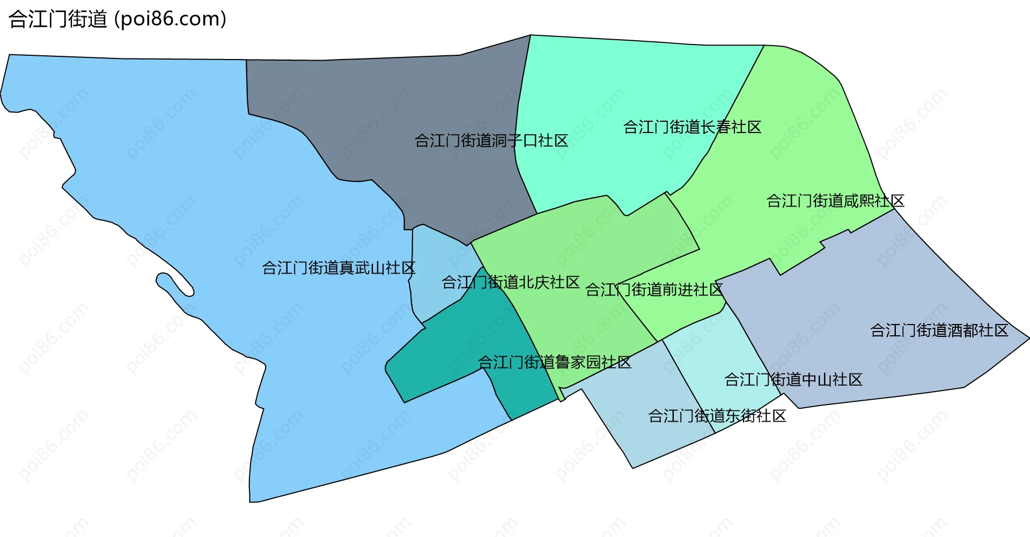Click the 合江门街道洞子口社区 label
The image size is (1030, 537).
pos(491,141)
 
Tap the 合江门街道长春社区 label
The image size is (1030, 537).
pos(692,128)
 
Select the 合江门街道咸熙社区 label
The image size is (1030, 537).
pos(835,201)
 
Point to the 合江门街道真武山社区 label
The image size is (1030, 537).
pos(339,268)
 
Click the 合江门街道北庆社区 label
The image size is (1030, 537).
pos(510,282)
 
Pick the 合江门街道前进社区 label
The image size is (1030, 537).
pos(654,290)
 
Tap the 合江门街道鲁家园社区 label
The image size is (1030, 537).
pos(554,363)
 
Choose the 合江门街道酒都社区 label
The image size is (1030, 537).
pos(939,330)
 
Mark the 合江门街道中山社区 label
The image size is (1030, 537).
pos(793,380)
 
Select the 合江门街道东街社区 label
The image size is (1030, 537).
pos(717,416)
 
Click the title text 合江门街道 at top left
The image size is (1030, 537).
pos(58,19)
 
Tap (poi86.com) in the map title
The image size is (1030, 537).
pos(171,19)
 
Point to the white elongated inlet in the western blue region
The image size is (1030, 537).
pos(174,285)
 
